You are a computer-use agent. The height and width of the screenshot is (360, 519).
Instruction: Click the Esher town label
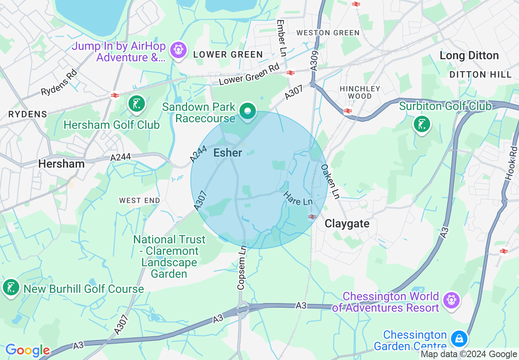(228, 153)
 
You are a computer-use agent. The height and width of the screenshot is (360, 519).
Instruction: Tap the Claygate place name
(347, 224)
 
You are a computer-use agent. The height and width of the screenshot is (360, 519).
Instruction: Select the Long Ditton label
(469, 56)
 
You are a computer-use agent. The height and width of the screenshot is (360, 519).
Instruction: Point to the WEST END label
(140, 200)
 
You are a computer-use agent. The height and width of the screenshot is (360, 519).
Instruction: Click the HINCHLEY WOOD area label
(360, 92)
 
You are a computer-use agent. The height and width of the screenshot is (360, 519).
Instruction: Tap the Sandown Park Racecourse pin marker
(247, 111)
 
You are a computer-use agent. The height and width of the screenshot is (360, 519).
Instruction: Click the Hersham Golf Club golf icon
(136, 104)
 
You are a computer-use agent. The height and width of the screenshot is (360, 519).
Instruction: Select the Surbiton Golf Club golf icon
(422, 124)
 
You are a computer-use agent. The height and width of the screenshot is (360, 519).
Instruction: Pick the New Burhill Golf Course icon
(11, 288)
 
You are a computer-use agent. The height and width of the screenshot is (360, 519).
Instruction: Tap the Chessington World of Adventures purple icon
(451, 301)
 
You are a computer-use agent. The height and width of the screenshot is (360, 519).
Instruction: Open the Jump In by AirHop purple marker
(179, 50)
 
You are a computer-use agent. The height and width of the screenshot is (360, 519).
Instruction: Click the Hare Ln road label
(298, 198)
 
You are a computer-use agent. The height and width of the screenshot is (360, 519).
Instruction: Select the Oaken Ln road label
(330, 182)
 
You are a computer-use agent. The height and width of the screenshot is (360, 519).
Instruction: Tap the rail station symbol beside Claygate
(312, 216)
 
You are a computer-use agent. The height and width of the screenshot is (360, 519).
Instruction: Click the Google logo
(27, 350)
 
